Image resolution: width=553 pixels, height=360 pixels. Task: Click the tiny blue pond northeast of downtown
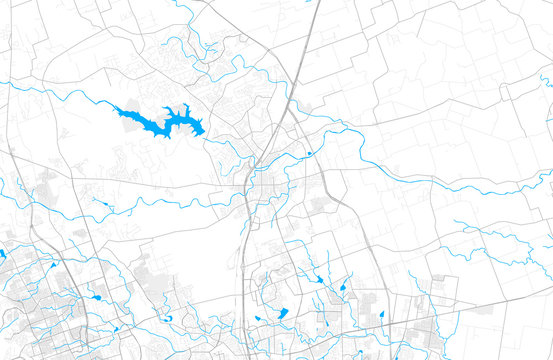(x=310, y=153)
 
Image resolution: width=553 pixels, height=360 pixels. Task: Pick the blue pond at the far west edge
(x=2, y=254)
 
